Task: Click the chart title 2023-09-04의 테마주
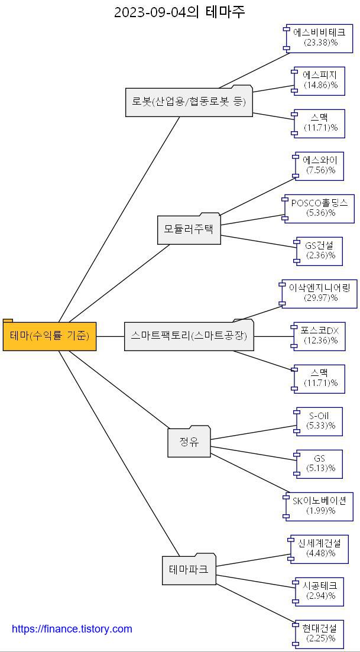click(179, 12)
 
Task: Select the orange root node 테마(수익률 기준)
click(50, 336)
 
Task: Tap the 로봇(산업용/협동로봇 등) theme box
click(189, 102)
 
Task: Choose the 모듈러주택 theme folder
click(189, 229)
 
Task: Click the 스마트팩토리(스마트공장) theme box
click(189, 336)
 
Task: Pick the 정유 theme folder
click(189, 442)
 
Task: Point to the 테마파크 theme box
click(189, 570)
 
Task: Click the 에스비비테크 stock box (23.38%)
click(319, 38)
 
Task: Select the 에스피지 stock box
click(320, 80)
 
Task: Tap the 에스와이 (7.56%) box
click(320, 166)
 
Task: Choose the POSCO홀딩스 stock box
click(320, 208)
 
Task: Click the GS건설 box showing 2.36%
click(320, 251)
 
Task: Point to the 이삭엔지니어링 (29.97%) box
click(320, 293)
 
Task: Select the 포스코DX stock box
click(320, 336)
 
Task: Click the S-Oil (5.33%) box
click(320, 421)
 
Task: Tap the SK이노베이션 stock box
click(320, 506)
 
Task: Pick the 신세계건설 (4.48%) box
click(319, 549)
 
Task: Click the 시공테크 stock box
click(320, 591)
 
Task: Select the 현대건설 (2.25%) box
click(320, 634)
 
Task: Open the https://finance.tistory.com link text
click(72, 629)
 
